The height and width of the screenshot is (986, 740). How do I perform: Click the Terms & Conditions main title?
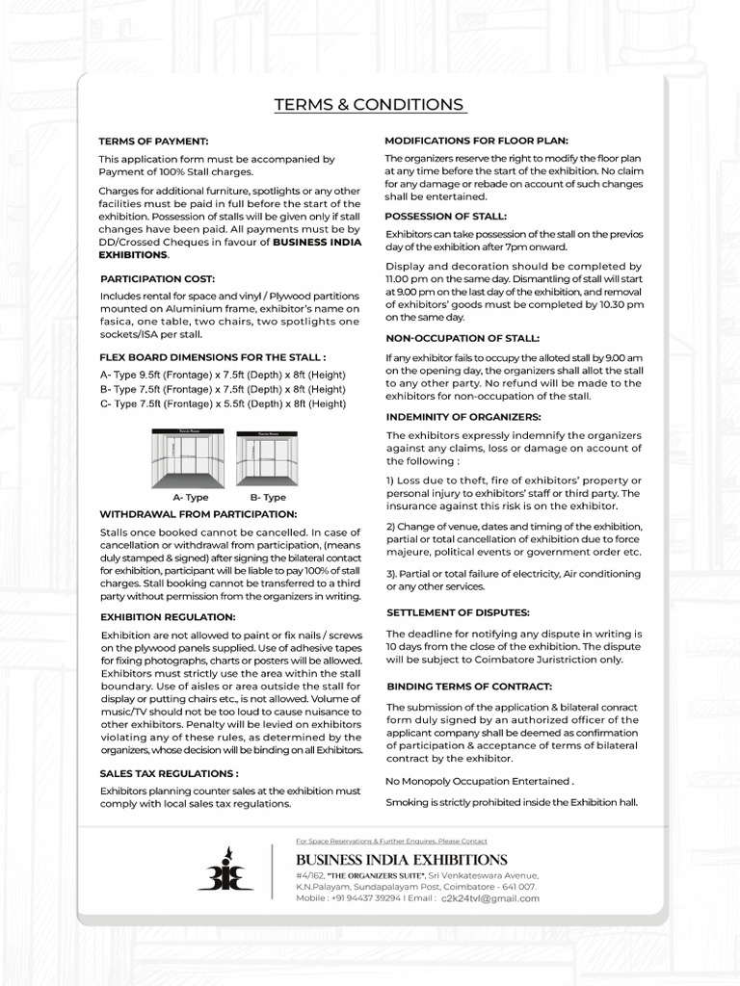(x=370, y=105)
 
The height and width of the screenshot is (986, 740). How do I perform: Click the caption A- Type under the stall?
(x=190, y=498)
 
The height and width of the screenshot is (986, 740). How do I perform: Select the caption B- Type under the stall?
(x=268, y=498)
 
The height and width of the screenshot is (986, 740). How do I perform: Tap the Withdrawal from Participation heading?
(x=198, y=514)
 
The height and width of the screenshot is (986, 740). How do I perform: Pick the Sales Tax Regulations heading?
(x=169, y=773)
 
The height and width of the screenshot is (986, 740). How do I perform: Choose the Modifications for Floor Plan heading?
(x=476, y=140)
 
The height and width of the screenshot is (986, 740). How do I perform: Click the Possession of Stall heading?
(x=445, y=217)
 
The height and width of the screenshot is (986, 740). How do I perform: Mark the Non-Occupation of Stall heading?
(x=462, y=339)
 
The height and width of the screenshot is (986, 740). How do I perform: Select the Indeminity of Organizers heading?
(x=463, y=417)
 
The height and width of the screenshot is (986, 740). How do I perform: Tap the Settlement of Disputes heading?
(x=458, y=612)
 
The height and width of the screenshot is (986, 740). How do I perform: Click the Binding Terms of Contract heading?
(x=469, y=687)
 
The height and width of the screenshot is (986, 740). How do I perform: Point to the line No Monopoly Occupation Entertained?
(x=480, y=781)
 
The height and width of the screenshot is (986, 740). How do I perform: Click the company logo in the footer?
(x=225, y=869)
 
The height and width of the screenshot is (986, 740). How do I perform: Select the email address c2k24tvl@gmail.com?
(x=489, y=898)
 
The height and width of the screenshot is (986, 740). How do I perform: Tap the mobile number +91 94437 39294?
(x=362, y=898)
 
